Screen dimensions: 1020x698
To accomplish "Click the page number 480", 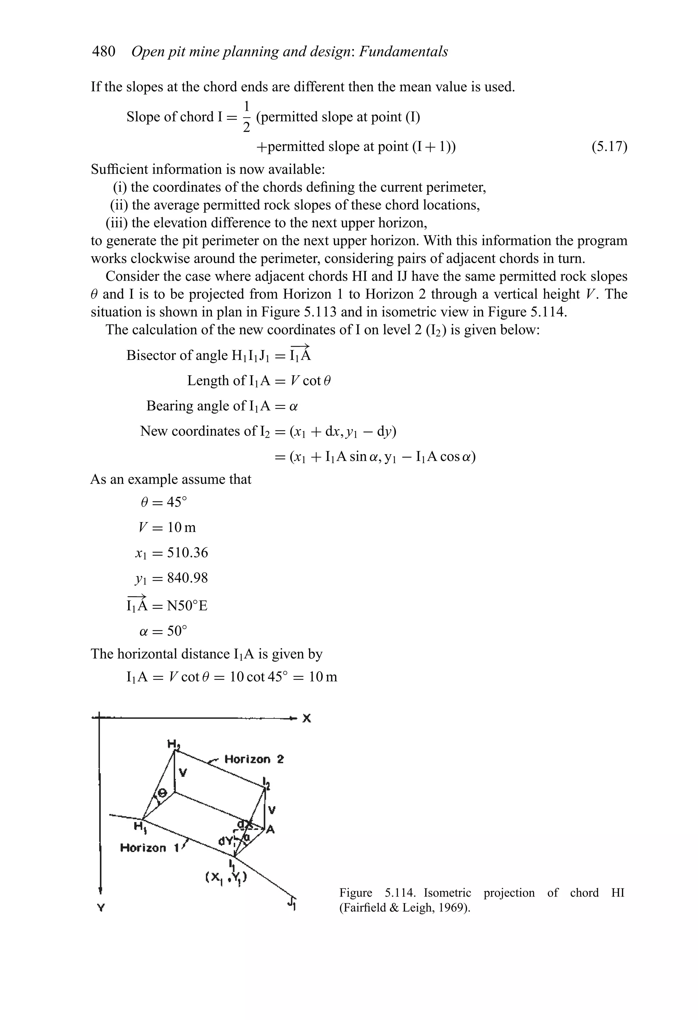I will pyautogui.click(x=104, y=52).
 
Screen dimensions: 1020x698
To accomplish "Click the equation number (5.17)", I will pyautogui.click(x=609, y=146).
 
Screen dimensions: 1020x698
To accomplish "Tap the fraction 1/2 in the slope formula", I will pyautogui.click(x=247, y=117).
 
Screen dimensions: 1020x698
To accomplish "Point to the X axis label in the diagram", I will pyautogui.click(x=307, y=718).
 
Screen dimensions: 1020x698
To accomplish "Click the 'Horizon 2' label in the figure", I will pyautogui.click(x=254, y=759).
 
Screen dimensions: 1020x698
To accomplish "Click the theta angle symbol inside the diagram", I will pyautogui.click(x=162, y=793).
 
